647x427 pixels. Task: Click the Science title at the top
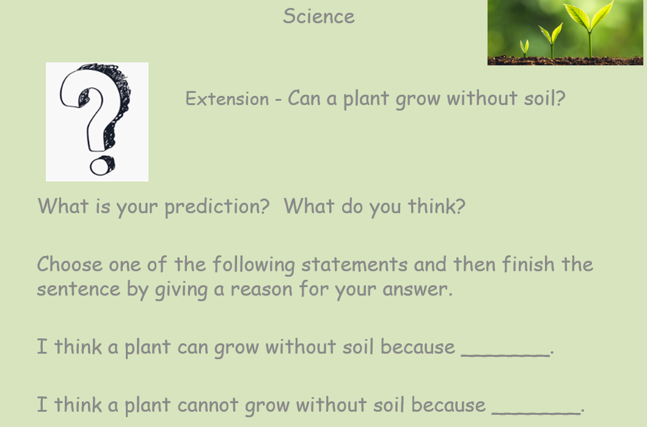point(318,16)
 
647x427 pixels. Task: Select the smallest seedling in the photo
point(524,48)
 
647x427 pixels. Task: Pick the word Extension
point(227,99)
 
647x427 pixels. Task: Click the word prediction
point(217,206)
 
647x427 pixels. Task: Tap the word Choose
point(69,264)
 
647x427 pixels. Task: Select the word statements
point(354,265)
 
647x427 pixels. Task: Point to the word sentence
point(78,289)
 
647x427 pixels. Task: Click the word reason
point(261,289)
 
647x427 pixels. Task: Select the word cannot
point(208,405)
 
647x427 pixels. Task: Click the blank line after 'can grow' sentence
point(505,355)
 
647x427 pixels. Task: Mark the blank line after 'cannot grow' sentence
point(536,413)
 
